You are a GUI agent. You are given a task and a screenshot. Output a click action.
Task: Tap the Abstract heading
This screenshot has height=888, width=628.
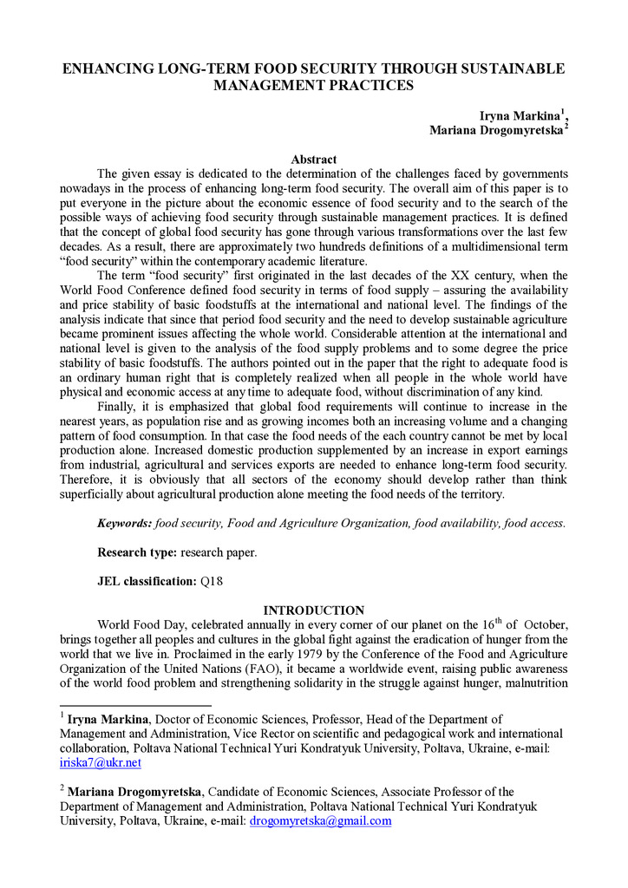314,160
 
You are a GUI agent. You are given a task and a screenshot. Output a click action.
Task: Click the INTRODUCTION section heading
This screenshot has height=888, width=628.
314,610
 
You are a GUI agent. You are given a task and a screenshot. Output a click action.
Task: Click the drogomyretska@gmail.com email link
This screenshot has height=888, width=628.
321,820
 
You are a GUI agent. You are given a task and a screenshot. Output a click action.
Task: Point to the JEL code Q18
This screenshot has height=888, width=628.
212,581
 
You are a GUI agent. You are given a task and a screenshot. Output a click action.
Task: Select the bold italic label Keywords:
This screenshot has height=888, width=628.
124,523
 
